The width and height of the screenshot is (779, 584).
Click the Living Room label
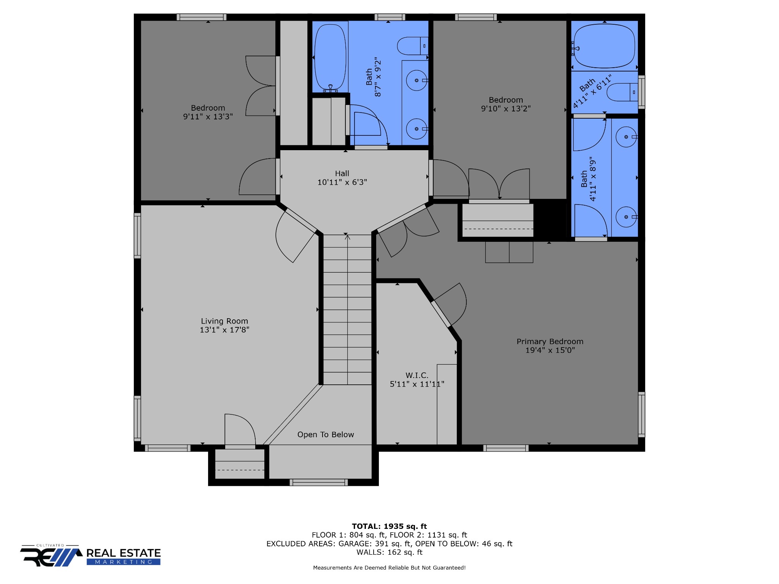point(224,321)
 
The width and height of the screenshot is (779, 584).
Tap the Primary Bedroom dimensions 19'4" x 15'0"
point(550,350)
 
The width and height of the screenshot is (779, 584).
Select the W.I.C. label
point(417,375)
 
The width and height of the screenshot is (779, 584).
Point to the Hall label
point(342,173)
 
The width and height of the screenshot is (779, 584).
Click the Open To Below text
point(326,435)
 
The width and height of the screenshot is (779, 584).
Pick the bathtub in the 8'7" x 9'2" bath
point(330,57)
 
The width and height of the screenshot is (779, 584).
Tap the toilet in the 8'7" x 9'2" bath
point(413,46)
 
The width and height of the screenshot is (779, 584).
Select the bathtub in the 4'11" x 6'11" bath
point(604,46)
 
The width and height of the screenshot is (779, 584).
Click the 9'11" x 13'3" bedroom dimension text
point(208,117)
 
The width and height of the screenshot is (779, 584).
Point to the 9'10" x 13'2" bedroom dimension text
point(506,109)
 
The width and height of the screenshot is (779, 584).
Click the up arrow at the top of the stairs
point(347,238)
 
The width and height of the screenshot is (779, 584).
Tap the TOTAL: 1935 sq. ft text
point(389,527)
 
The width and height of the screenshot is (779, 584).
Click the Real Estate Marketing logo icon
point(51,556)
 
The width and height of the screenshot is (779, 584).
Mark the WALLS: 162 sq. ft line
point(389,552)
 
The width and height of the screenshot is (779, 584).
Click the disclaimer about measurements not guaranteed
point(389,568)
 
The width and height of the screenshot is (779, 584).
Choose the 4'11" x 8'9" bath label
point(588,179)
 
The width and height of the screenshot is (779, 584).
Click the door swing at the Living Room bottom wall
point(240,429)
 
